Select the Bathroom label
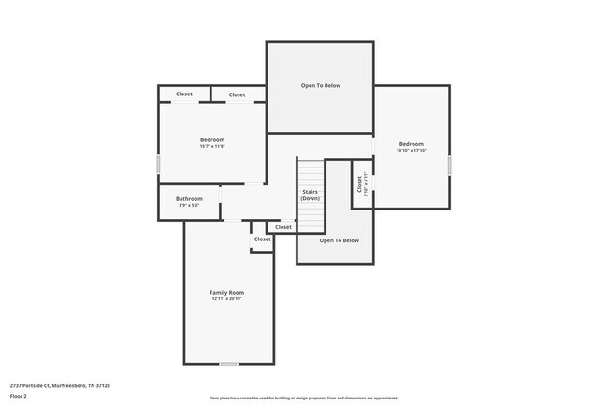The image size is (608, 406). coord(189,198)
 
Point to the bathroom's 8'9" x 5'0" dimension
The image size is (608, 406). coord(189,205)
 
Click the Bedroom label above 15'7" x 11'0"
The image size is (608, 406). coord(212,139)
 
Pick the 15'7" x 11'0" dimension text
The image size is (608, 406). coord(212,146)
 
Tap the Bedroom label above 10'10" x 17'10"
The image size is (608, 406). coord(411,143)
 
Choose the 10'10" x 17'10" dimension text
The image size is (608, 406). coord(411,150)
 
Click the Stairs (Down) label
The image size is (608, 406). coord(311,195)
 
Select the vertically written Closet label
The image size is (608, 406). coord(359,184)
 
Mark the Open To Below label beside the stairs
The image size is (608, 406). coord(339,240)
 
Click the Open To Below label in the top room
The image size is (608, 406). coord(320,85)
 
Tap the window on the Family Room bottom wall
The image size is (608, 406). coord(228,363)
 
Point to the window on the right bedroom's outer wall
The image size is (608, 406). coord(449,165)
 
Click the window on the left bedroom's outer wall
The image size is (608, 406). coord(158,165)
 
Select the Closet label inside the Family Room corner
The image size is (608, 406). coord(262,239)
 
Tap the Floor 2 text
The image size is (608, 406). coord(19,396)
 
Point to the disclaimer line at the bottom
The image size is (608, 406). coord(303,397)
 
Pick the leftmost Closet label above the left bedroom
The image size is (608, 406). coord(184,94)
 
